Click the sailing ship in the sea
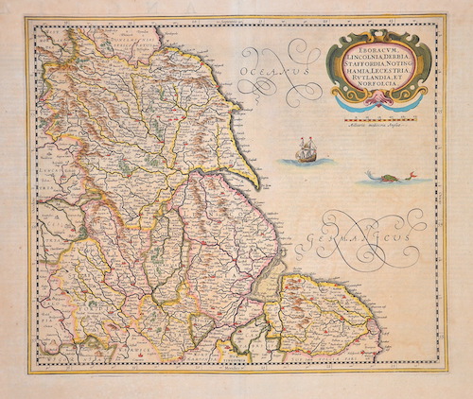[305, 149]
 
